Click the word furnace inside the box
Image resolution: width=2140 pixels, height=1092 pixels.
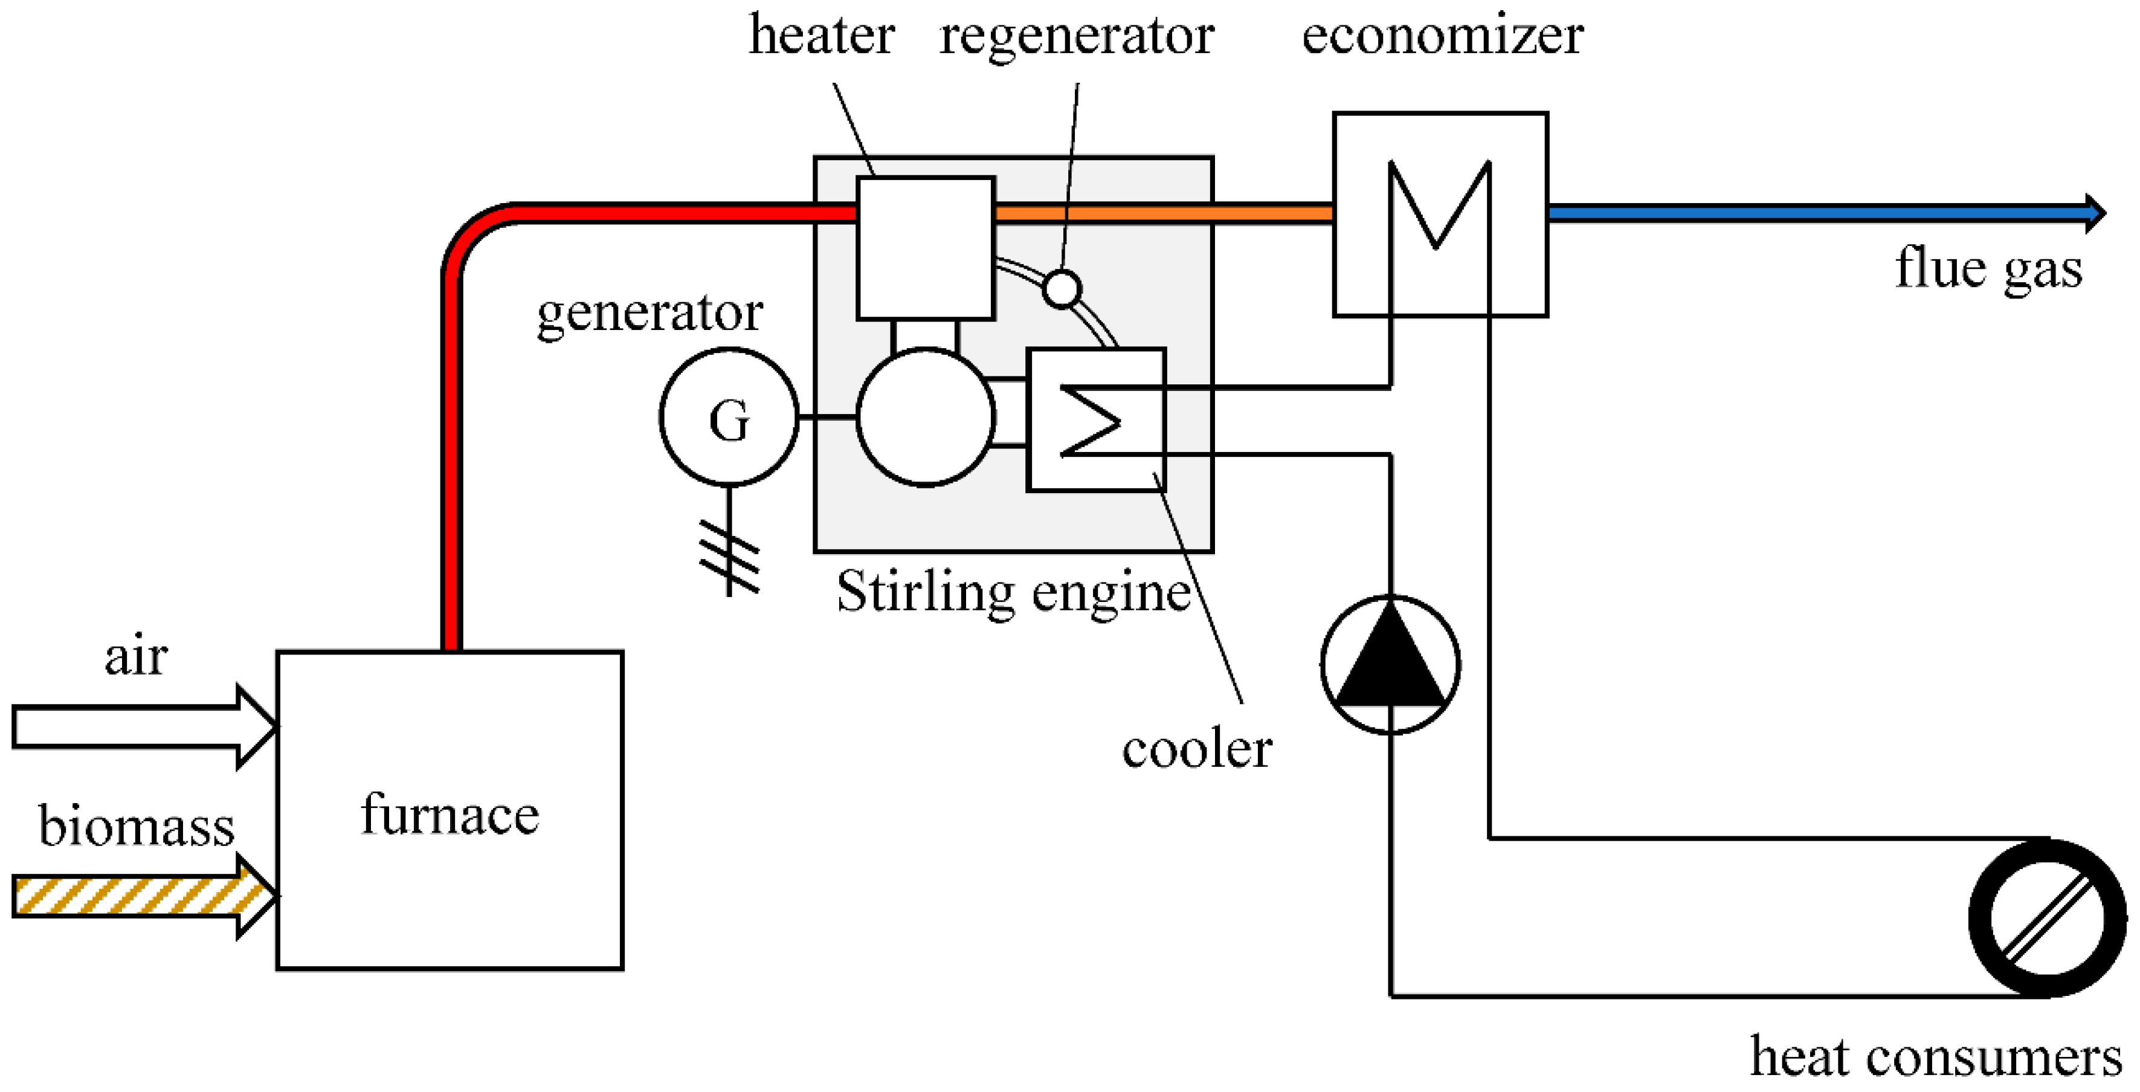click(450, 815)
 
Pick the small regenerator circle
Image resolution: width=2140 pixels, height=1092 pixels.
click(1062, 288)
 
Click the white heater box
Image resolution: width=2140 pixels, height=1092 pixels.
click(926, 248)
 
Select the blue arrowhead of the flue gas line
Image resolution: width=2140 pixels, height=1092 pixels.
click(2095, 213)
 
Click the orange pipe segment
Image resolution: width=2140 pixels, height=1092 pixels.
click(1163, 213)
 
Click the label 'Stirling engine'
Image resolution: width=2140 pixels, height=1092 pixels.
click(1014, 592)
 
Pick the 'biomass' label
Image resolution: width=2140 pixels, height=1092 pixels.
click(137, 826)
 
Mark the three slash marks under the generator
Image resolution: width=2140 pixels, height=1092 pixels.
click(729, 557)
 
